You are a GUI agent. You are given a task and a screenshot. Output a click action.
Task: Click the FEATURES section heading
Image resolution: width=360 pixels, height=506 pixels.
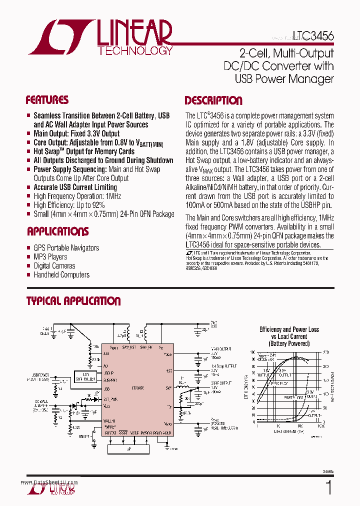[x=47, y=100]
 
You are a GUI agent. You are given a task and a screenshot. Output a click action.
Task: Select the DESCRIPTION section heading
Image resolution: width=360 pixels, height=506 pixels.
[x=213, y=100]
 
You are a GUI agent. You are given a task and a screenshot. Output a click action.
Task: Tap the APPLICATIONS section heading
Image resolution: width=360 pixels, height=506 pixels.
[x=57, y=231]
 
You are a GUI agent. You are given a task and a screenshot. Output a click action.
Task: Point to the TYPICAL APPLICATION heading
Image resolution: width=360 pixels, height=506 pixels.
[x=73, y=301]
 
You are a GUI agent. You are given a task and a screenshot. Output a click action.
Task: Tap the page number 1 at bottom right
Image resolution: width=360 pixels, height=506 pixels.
[x=328, y=487]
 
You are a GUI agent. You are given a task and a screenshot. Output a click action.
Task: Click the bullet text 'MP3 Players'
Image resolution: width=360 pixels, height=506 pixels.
[x=50, y=257]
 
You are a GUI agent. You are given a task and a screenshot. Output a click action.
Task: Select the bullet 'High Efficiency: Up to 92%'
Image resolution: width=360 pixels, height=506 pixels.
[x=69, y=205]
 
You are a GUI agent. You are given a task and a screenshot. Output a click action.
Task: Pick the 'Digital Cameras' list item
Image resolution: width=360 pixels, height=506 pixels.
[x=54, y=266]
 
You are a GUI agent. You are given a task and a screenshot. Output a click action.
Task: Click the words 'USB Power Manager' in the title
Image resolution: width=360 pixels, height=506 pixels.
[x=284, y=78]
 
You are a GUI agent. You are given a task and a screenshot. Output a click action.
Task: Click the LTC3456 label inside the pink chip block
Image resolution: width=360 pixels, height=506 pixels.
[x=137, y=388]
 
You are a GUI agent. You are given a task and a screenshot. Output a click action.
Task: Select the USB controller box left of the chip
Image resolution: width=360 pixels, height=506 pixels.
[x=85, y=376]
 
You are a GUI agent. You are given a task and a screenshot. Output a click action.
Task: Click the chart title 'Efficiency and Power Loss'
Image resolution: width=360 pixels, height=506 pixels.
[x=289, y=329]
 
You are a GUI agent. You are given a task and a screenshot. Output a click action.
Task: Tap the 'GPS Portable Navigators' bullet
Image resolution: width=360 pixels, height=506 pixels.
[x=66, y=248]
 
